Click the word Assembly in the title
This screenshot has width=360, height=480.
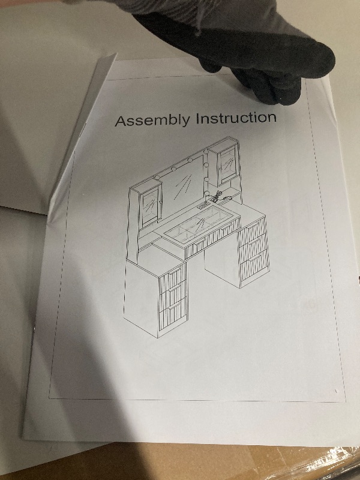coord(152,120)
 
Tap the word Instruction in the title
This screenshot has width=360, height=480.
coord(236,118)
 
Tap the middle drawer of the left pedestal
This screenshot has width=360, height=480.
coord(173,293)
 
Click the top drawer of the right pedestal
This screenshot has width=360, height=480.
coord(253,230)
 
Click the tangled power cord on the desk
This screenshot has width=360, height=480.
coord(217,196)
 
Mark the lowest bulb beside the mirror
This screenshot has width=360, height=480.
coord(207,193)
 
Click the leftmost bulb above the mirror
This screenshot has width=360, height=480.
coord(157,178)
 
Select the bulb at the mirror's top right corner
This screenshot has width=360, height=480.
coord(206,151)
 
